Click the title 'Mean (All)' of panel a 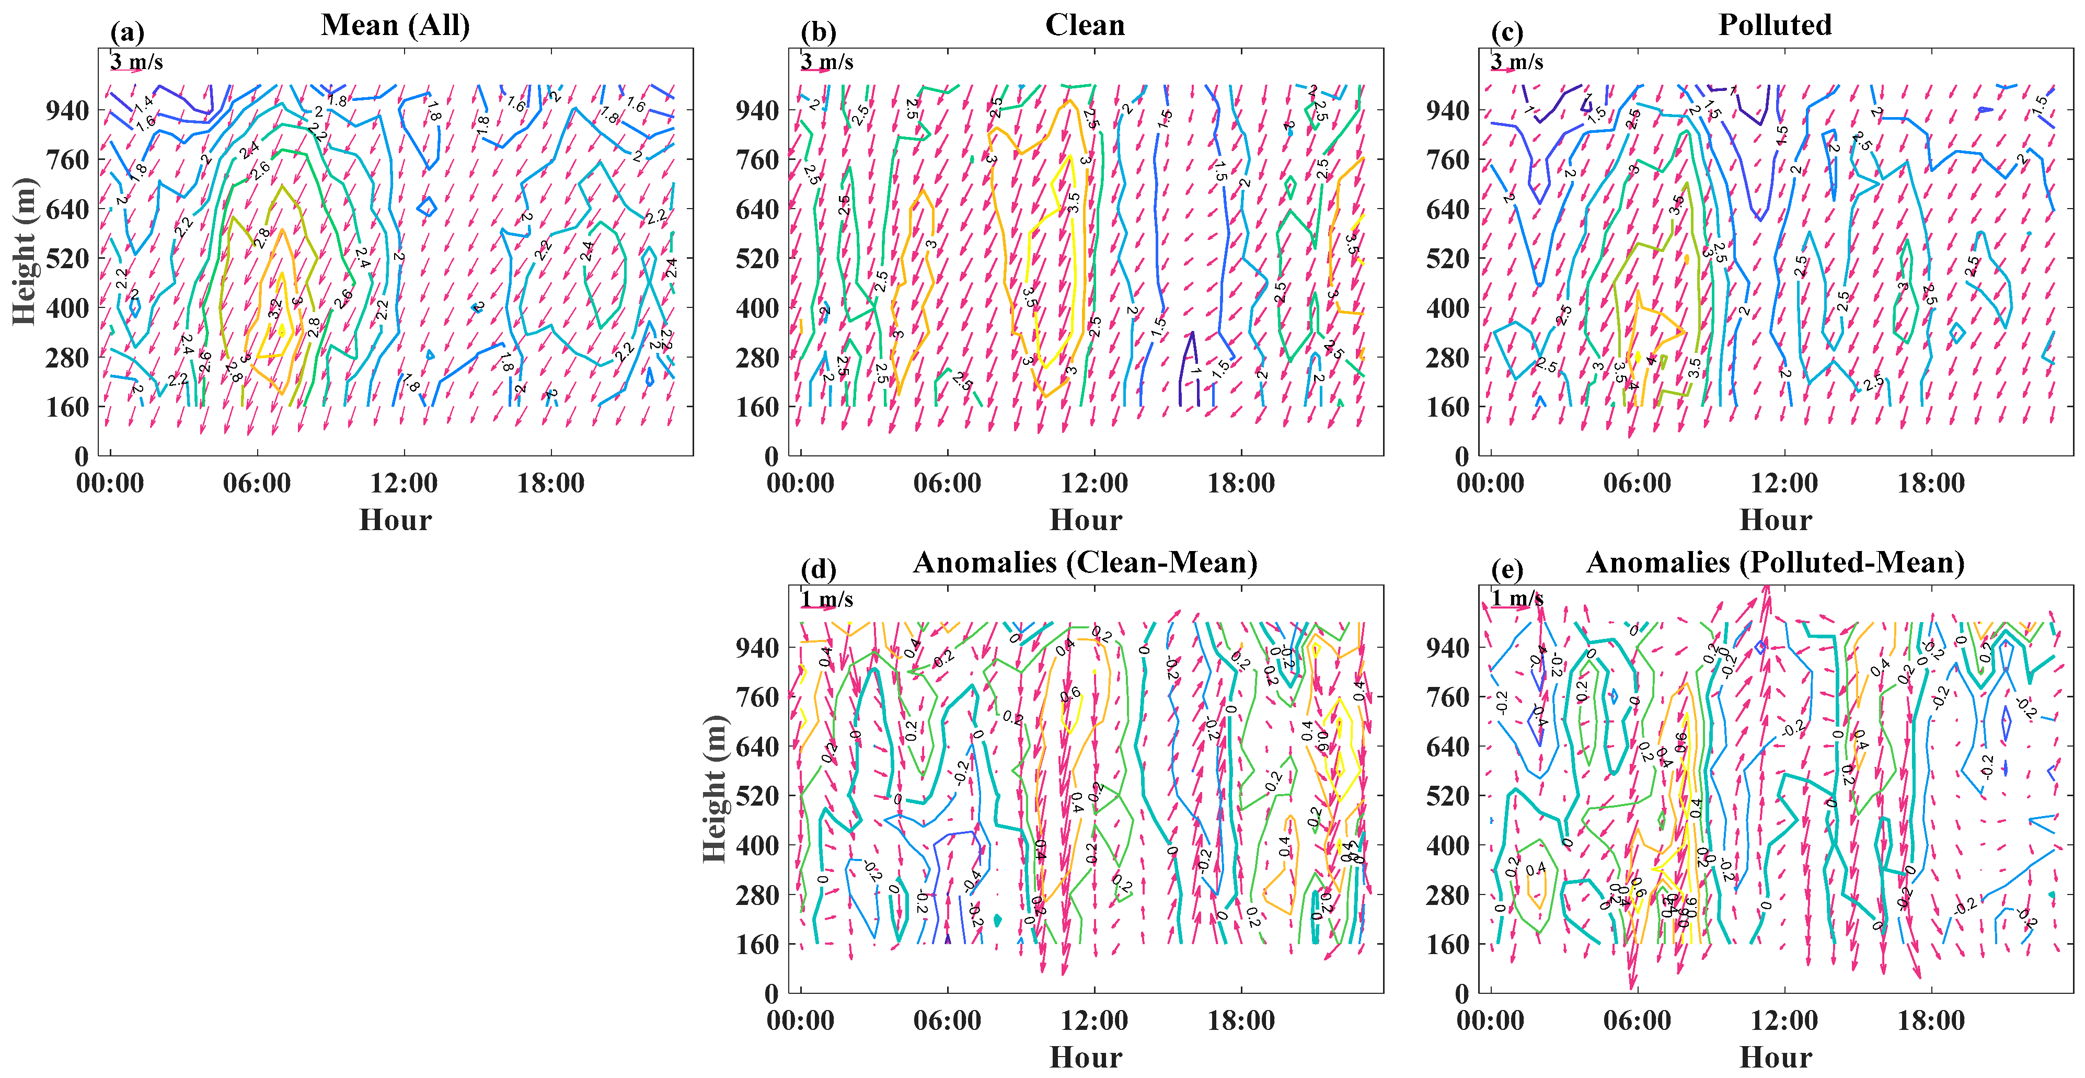pyautogui.click(x=395, y=25)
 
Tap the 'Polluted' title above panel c pyautogui.click(x=1775, y=25)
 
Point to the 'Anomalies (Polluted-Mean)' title pyautogui.click(x=1775, y=563)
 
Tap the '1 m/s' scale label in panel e pyautogui.click(x=1517, y=599)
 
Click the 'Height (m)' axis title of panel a pyautogui.click(x=24, y=251)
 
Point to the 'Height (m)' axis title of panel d pyautogui.click(x=714, y=789)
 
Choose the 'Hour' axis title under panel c pyautogui.click(x=1775, y=520)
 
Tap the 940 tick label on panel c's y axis pyautogui.click(x=1448, y=110)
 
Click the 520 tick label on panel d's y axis pyautogui.click(x=757, y=796)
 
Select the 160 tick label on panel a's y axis pyautogui.click(x=67, y=407)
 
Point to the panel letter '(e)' pyautogui.click(x=1507, y=570)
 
